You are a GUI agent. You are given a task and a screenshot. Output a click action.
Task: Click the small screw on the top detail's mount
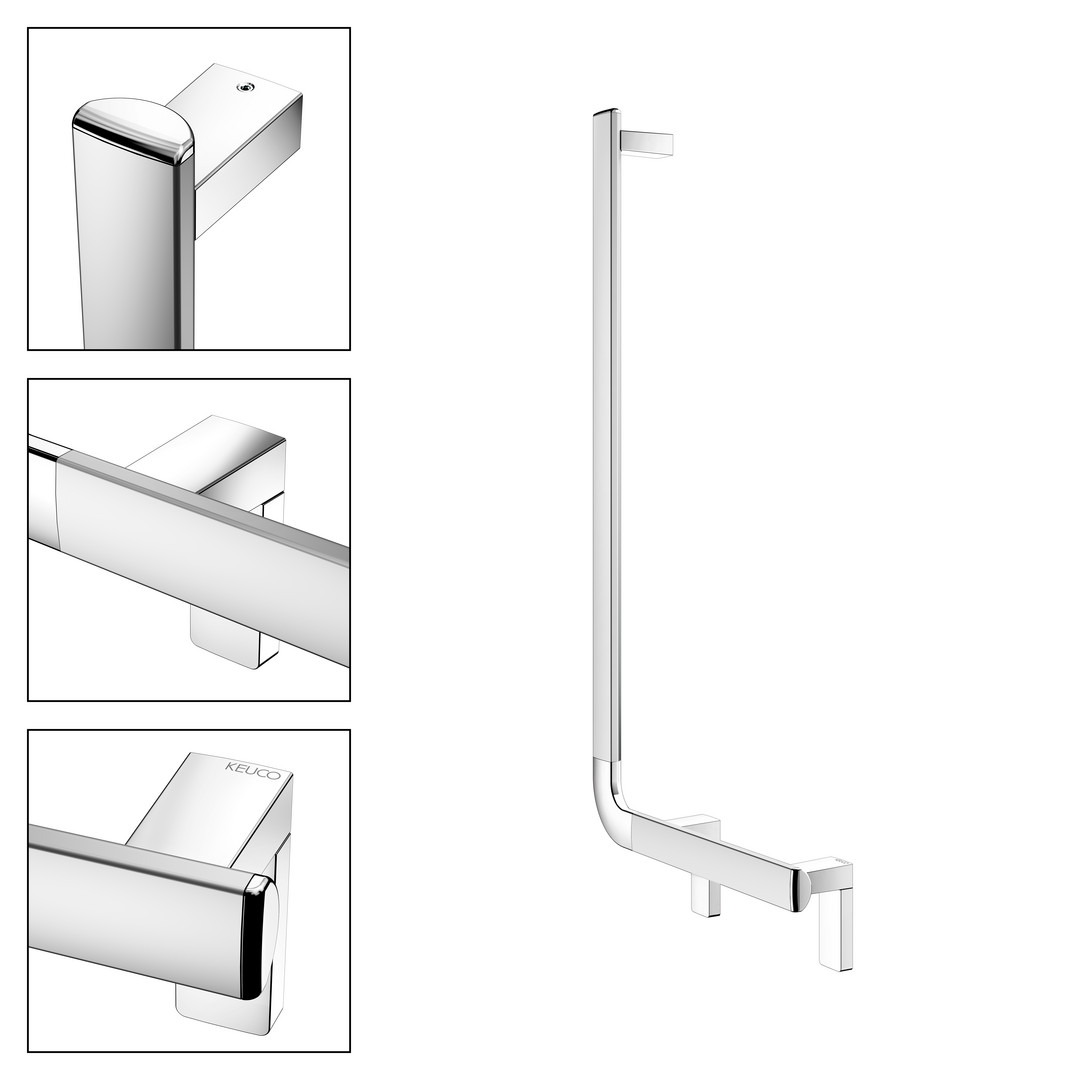pos(243,87)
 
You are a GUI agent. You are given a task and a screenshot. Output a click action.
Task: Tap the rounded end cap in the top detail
pos(134,131)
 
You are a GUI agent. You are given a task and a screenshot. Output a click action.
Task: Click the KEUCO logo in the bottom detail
pos(253,770)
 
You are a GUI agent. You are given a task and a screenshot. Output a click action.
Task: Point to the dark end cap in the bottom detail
pos(257,937)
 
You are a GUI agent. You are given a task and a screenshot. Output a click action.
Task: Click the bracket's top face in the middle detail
pos(207,451)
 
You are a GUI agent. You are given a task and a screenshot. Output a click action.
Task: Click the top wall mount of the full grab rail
pos(647,144)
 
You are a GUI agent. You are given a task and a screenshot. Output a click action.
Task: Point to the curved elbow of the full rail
pos(611,802)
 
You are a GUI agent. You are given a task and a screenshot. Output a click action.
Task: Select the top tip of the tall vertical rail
pos(605,111)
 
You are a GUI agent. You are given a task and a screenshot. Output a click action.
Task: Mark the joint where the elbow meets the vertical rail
pos(608,760)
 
